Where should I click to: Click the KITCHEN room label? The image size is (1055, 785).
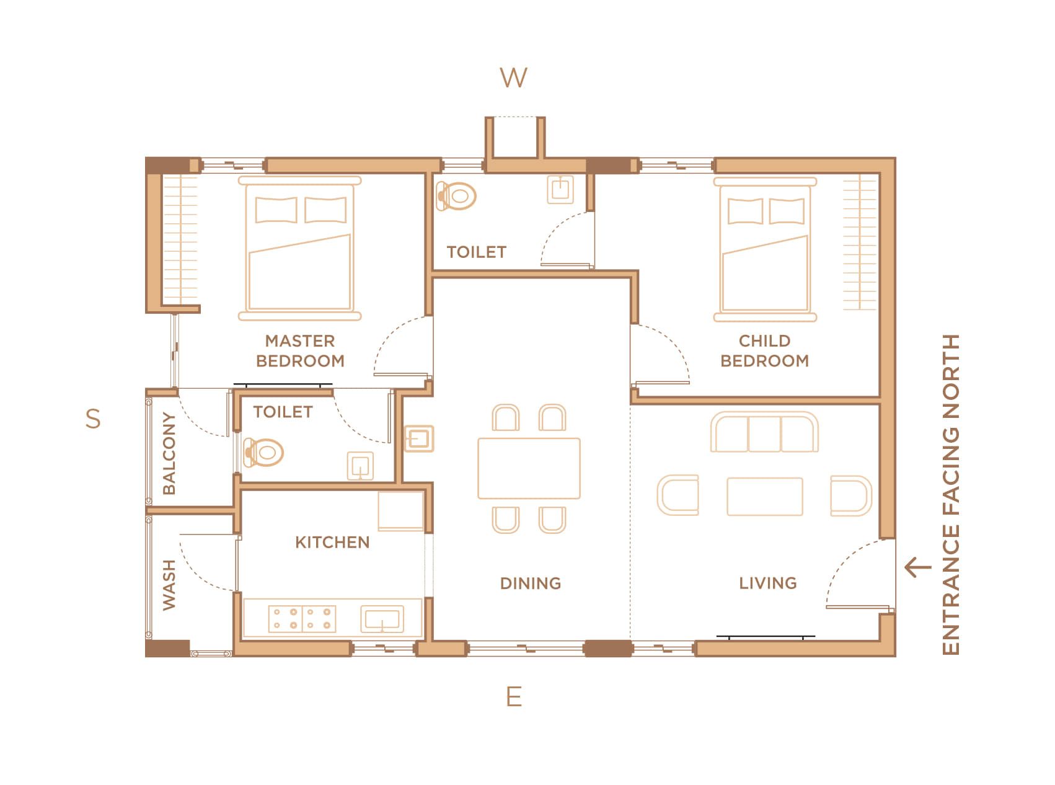click(x=332, y=543)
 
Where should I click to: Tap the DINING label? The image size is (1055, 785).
click(x=531, y=583)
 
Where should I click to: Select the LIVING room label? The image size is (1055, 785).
click(x=768, y=583)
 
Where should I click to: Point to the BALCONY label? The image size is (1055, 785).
click(x=169, y=453)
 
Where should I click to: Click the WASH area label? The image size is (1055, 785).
click(x=169, y=585)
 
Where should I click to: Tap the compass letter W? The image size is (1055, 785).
click(x=514, y=78)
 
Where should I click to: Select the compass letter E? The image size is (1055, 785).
click(x=514, y=697)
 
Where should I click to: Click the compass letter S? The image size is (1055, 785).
click(x=93, y=419)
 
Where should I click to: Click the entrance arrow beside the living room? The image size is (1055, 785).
click(x=918, y=567)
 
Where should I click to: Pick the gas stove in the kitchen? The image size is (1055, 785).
click(x=302, y=619)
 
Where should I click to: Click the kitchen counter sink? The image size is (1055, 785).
click(x=382, y=619)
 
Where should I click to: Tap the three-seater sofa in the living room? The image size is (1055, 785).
click(x=764, y=432)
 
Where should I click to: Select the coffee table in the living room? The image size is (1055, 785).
click(x=765, y=496)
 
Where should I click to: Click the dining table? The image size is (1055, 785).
click(x=529, y=468)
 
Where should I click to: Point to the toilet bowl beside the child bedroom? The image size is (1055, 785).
click(x=456, y=196)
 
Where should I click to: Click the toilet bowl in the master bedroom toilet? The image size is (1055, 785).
click(x=264, y=452)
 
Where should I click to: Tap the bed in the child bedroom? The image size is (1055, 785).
click(x=765, y=249)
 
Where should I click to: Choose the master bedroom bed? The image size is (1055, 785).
click(x=299, y=248)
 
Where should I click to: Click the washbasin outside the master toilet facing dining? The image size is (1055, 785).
click(x=418, y=439)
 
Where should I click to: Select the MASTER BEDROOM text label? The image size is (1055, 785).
click(x=300, y=351)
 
